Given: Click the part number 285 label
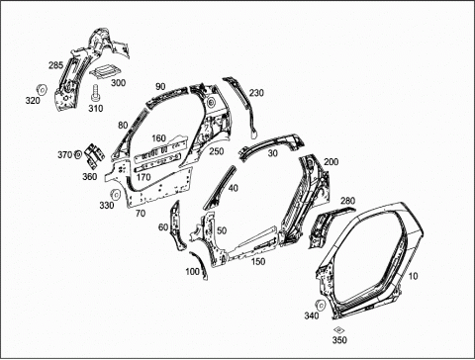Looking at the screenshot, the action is pyautogui.click(x=55, y=65).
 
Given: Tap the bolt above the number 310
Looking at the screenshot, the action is pyautogui.click(x=96, y=93).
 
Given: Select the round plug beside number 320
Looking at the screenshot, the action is pyautogui.click(x=42, y=89).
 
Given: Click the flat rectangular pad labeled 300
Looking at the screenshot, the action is pyautogui.click(x=106, y=71).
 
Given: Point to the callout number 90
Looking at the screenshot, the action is pyautogui.click(x=160, y=87).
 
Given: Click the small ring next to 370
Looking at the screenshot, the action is pyautogui.click(x=78, y=154).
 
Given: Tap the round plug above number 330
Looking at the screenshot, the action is pyautogui.click(x=115, y=195).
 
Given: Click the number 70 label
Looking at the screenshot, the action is pyautogui.click(x=141, y=214).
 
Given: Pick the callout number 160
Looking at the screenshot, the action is pyautogui.click(x=158, y=138).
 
